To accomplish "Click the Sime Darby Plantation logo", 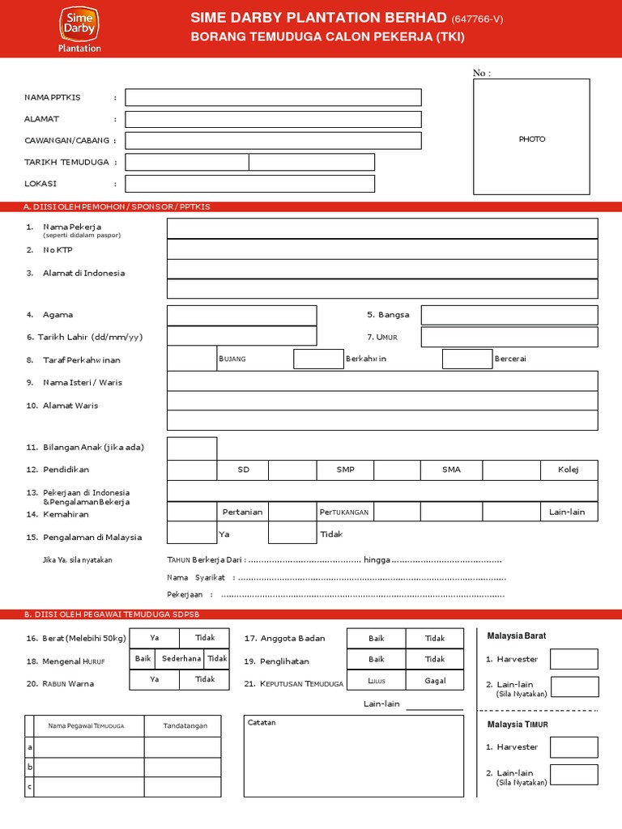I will pos(80,28).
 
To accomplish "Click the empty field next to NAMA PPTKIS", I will pos(273,97).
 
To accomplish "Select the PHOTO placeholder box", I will pos(531,137).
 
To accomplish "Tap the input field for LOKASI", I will pos(249,184).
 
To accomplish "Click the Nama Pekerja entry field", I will pos(382,228).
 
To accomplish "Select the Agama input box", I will pos(241,315).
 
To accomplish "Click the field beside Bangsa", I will pos(509,315).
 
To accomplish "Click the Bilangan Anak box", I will pos(192,448).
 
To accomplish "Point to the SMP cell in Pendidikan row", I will pos(345,470).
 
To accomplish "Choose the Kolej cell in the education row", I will pos(569,470).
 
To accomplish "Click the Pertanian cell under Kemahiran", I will pos(242,512).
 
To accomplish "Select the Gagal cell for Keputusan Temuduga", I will pos(435,681).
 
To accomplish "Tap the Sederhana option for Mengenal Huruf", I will pos(181,659).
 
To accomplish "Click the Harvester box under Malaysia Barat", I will pos(573,659).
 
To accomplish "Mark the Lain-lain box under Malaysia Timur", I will pos(573,774).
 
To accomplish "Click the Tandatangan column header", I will pos(182,726).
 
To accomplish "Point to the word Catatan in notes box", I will pos(262,722).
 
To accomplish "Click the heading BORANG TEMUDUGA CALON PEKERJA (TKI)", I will pos(327,37).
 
